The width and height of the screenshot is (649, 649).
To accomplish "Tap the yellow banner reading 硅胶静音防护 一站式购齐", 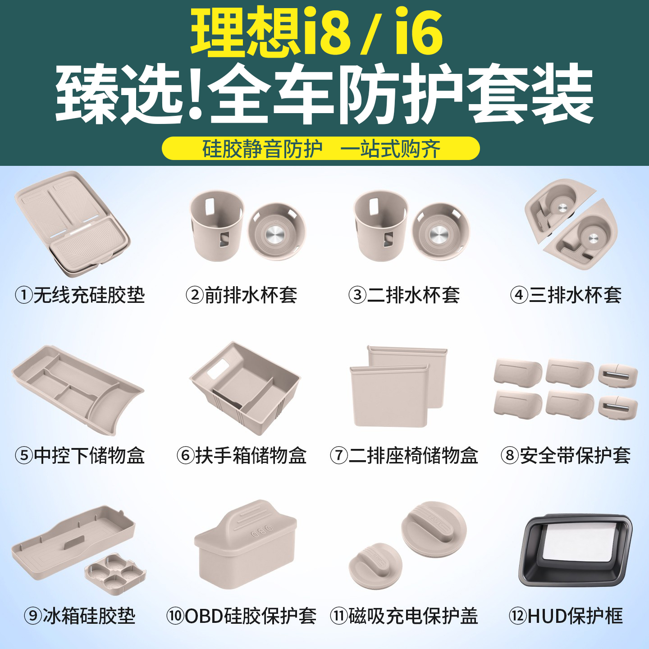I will (320, 149).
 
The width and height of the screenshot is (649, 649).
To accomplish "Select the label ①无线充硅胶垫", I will (80, 295).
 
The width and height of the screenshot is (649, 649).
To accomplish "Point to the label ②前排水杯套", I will (242, 295).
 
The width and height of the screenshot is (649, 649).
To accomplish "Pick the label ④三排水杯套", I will (566, 295).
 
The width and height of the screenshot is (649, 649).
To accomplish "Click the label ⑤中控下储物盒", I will (80, 455).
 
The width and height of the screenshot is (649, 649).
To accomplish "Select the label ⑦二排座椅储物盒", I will (404, 455).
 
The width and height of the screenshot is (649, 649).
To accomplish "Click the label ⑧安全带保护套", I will (566, 455).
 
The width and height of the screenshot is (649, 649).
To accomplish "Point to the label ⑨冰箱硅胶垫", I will (80, 616).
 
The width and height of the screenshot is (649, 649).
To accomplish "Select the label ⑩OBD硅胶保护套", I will (242, 616).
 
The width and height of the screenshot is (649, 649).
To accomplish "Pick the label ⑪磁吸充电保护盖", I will (404, 616).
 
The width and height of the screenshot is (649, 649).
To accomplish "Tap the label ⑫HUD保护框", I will (566, 616).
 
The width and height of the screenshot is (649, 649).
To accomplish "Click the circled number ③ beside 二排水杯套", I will (357, 295).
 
